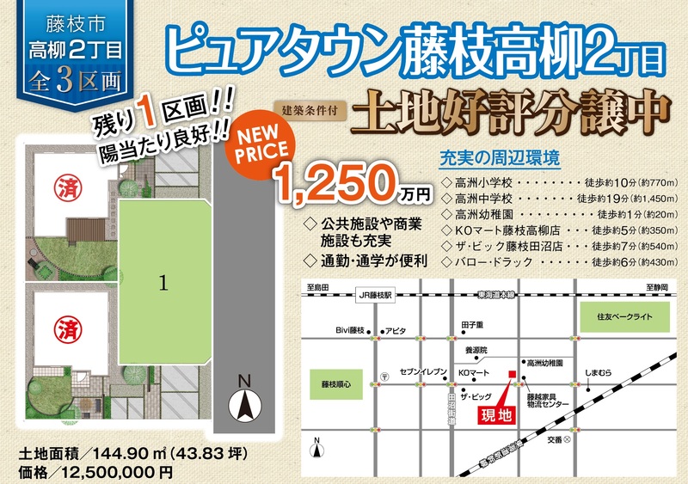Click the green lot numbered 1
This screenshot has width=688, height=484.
coord(163,282)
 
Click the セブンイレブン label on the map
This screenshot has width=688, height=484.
coord(424,372)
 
